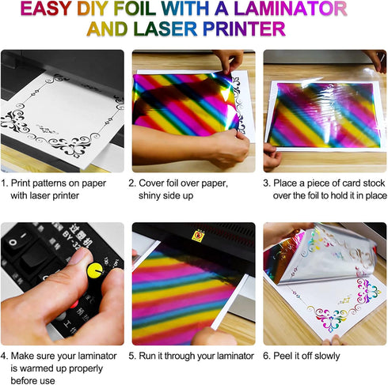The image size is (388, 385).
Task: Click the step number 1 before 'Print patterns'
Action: point(5,182)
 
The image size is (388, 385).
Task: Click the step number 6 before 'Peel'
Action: point(267,356)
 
